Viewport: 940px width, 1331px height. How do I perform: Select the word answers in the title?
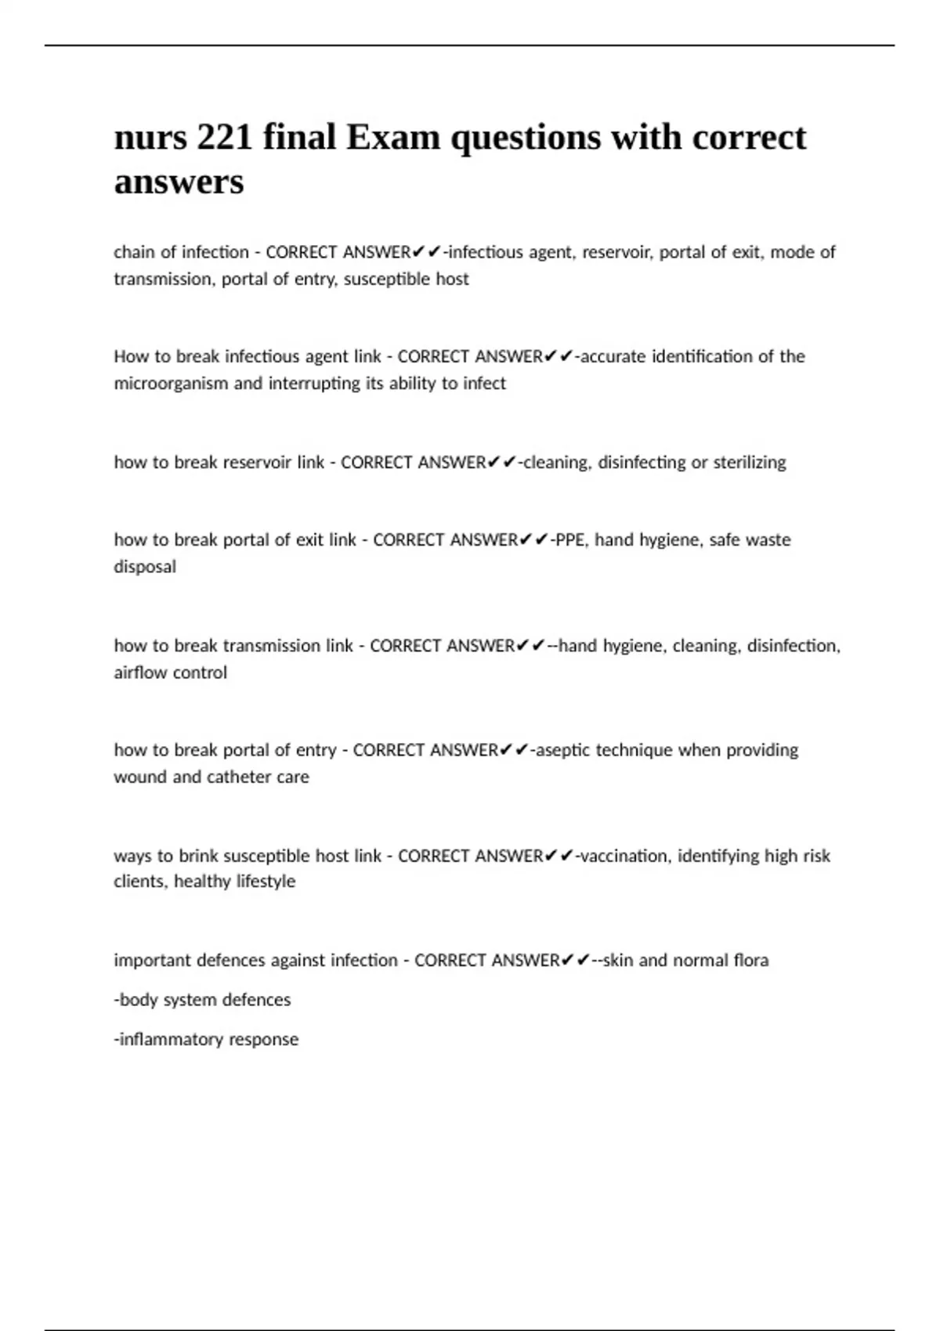click(179, 182)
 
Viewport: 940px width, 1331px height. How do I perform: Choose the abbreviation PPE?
click(570, 540)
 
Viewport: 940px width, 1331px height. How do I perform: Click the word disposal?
click(145, 567)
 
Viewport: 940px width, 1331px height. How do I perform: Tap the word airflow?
click(140, 673)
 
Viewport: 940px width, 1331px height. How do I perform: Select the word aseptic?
click(562, 750)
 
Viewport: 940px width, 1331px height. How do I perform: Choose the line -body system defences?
click(202, 1000)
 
